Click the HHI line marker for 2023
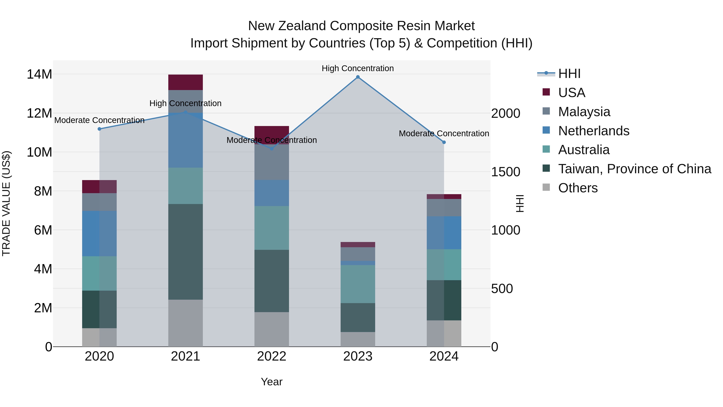357,77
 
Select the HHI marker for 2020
99,129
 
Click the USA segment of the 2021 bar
186,82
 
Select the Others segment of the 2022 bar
272,329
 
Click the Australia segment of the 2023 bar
357,284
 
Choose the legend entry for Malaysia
584,112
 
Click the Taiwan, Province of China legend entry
634,169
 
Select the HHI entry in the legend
569,74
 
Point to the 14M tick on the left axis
39,74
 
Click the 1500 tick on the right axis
505,172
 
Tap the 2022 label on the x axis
272,356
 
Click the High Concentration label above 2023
357,68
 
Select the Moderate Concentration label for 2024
444,133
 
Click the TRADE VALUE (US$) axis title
6,203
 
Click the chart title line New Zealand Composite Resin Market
361,26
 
